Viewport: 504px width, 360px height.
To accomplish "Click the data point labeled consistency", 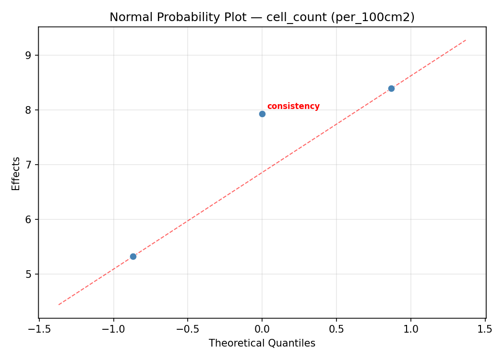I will (262, 114).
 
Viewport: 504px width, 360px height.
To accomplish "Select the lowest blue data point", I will (133, 256).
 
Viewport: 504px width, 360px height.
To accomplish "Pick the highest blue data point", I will (391, 88).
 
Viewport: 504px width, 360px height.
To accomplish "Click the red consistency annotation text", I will (293, 107).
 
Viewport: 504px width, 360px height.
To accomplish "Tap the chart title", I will (262, 17).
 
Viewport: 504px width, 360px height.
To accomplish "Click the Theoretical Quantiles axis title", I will (262, 343).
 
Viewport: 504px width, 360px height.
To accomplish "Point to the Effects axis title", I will (16, 173).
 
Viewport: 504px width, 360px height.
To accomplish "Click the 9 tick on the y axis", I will (29, 55).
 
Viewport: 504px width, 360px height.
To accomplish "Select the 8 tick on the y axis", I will (29, 110).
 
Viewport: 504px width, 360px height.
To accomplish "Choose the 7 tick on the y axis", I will (29, 165).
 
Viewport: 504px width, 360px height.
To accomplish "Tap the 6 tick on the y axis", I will (29, 219).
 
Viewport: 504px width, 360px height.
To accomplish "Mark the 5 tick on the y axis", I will (29, 274).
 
